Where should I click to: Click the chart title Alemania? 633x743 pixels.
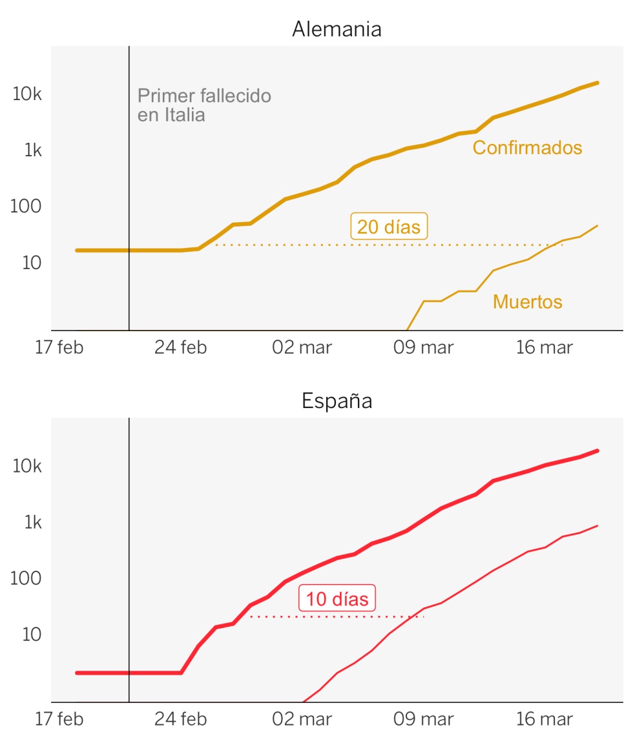(337, 29)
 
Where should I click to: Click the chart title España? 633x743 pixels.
(337, 402)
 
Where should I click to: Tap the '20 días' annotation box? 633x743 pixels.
(389, 227)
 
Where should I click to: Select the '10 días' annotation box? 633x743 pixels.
(337, 598)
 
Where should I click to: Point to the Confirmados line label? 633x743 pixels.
(527, 147)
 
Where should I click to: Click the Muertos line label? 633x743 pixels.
(528, 302)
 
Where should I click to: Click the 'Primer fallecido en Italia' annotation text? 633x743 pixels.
(204, 105)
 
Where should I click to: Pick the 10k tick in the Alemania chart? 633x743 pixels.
(27, 94)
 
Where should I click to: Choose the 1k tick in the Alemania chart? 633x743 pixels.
(33, 150)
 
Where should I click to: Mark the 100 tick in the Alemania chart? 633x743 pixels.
(26, 206)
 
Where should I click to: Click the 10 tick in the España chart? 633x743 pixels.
(32, 635)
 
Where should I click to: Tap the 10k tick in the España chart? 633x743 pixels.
(27, 466)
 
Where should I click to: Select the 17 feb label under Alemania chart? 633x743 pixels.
(59, 347)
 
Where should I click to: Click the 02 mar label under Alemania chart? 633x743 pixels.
(302, 347)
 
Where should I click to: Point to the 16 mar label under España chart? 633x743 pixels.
(545, 719)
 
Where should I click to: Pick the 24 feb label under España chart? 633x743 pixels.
(181, 719)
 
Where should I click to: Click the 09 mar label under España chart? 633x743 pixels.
(424, 719)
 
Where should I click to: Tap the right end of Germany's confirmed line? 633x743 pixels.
(597, 83)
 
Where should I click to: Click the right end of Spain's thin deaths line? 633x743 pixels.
(597, 525)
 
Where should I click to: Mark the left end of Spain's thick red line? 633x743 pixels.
(77, 673)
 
